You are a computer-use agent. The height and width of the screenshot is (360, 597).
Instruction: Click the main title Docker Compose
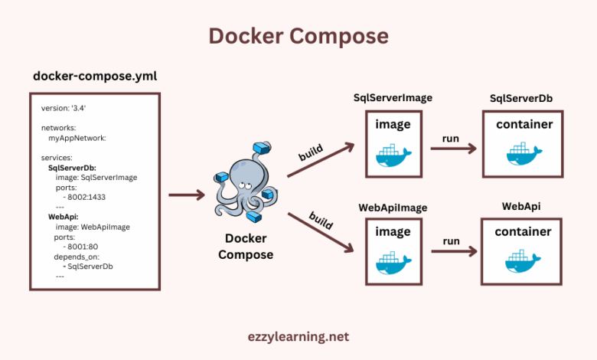(x=298, y=36)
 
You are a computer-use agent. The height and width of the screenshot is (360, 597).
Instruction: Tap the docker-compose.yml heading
(x=96, y=77)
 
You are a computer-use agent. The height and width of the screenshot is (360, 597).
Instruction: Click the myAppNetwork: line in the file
(x=77, y=138)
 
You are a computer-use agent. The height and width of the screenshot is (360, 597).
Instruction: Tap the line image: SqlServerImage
(x=96, y=177)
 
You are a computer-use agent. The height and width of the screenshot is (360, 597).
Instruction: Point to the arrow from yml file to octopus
(x=186, y=195)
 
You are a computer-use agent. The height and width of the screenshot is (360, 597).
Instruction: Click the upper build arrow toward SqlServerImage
(x=321, y=159)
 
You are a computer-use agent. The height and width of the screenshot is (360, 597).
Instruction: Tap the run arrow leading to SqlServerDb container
(x=451, y=147)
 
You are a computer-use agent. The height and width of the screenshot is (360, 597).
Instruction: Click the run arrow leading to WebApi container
(x=451, y=250)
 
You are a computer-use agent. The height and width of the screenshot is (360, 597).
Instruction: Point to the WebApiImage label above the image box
(x=393, y=207)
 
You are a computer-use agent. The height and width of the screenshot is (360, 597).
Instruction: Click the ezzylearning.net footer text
(x=298, y=335)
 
